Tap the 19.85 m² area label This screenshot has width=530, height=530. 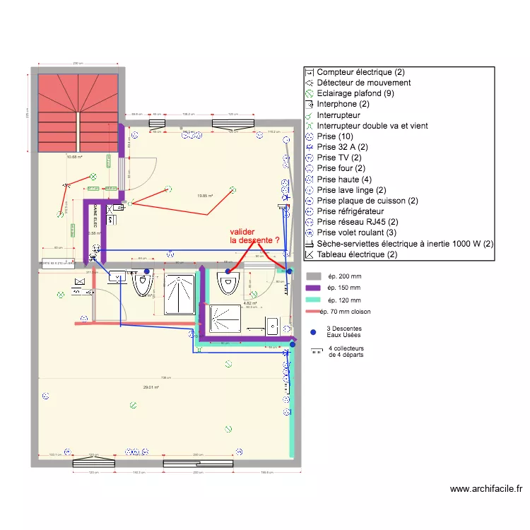click(x=205, y=196)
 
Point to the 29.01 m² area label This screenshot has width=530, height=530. click(x=151, y=387)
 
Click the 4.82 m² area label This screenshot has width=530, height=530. click(x=249, y=303)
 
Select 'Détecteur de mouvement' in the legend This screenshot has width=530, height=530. click(x=364, y=83)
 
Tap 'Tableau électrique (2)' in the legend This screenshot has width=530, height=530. click(x=358, y=254)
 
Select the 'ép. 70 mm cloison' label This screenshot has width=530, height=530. click(x=345, y=312)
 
